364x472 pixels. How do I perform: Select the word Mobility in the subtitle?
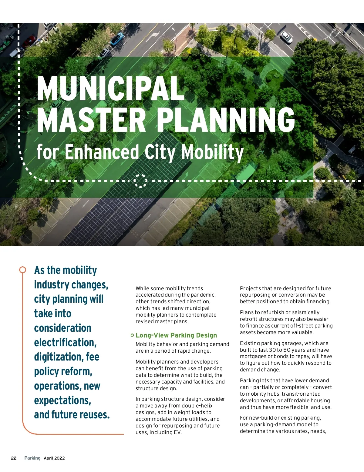pos(212,152)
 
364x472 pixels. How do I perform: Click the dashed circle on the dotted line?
pos(140,181)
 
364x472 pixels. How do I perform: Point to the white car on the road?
pos(286,37)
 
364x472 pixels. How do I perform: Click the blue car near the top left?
pos(117,39)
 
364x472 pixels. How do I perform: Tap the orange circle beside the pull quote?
pos(22,269)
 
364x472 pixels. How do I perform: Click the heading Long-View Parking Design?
pos(176,335)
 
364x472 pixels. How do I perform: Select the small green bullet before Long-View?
pos(132,335)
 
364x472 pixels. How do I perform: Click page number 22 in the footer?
pos(14,458)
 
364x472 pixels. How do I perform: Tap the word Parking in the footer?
pos(32,458)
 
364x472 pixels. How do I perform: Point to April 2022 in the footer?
pos(54,458)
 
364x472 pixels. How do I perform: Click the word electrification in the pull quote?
pos(65,342)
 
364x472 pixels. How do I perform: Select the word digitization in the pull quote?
pos(58,357)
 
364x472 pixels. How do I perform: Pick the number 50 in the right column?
pos(287,350)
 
